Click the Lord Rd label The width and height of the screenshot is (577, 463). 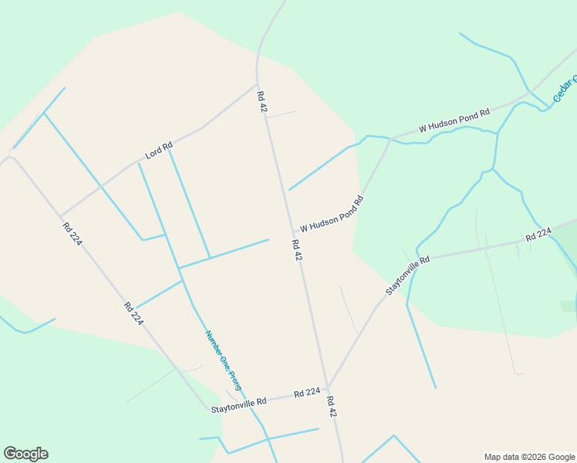click(x=159, y=150)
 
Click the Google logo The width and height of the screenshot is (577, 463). click(x=25, y=454)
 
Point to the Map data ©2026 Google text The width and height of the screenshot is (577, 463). click(x=528, y=457)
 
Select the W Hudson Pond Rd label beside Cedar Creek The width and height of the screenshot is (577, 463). click(x=454, y=120)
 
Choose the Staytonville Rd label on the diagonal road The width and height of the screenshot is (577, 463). click(x=407, y=275)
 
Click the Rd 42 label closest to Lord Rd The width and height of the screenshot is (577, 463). click(x=262, y=103)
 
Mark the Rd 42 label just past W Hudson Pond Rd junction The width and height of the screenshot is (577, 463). click(x=296, y=250)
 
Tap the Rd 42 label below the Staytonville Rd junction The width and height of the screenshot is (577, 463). click(x=332, y=407)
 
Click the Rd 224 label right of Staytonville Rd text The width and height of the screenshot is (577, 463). click(x=307, y=394)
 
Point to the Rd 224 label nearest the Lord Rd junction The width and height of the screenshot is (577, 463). click(x=73, y=234)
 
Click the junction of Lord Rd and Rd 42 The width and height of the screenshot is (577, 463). click(x=257, y=84)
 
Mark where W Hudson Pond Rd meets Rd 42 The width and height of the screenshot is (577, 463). click(x=292, y=232)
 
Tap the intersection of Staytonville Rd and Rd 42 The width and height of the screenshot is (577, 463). click(x=328, y=388)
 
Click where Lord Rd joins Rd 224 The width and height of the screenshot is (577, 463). click(x=60, y=216)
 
